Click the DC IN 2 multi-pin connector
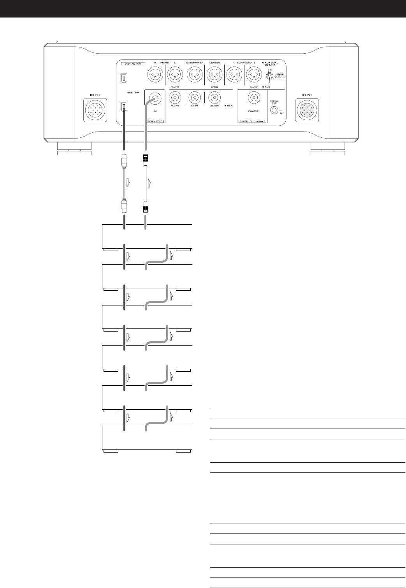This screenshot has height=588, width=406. pos(95,110)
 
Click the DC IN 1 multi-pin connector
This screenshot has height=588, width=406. pos(307,110)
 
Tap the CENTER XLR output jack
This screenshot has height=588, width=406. pos(214,74)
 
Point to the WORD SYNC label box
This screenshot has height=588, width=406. pos(155,121)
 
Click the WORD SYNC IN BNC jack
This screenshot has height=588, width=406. pos(155,99)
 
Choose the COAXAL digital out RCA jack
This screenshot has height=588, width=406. pos(253,99)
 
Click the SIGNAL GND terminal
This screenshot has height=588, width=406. pos(275,111)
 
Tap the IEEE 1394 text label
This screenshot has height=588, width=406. pos(133,92)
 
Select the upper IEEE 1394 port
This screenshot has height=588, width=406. pos(123,77)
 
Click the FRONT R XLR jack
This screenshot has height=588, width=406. pos(155,74)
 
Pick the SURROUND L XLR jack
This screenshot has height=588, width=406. pos(254,74)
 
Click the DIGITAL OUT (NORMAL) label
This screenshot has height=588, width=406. pos(252,121)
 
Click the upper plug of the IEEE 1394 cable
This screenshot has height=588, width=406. pos(123,160)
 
